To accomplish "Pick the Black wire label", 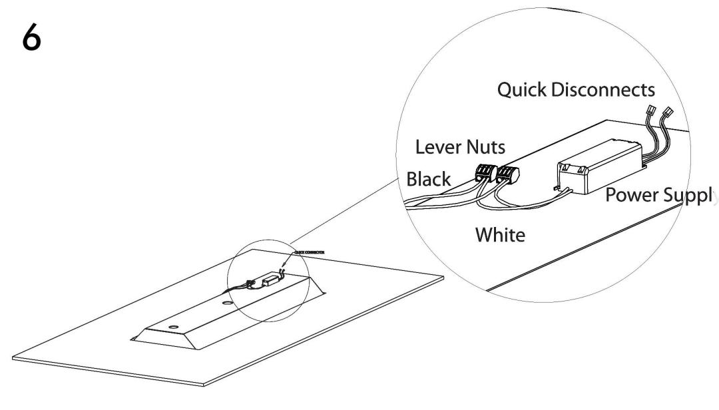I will pyautogui.click(x=428, y=180).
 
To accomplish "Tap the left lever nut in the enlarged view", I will pyautogui.click(x=483, y=174).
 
